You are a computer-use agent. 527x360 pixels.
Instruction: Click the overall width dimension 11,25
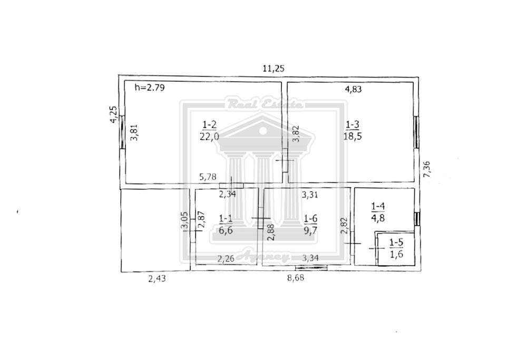tap(273, 69)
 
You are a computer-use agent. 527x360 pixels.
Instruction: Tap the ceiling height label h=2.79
tap(150, 88)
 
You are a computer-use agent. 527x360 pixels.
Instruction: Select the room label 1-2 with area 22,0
tap(209, 130)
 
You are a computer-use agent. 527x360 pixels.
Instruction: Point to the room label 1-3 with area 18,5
tap(353, 130)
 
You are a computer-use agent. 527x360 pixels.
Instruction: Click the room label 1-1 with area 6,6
tap(226, 225)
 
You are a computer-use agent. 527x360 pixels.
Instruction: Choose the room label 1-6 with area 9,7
tap(310, 225)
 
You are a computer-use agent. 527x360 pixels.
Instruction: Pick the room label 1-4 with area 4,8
tap(378, 212)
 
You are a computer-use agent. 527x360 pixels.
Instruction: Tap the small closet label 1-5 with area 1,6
tap(396, 248)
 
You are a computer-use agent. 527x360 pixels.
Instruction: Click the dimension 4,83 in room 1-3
tap(354, 89)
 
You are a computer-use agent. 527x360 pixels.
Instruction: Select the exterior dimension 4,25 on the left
tap(114, 114)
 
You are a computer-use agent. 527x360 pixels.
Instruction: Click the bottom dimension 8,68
tap(296, 279)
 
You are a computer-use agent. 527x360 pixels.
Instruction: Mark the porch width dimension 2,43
tap(157, 279)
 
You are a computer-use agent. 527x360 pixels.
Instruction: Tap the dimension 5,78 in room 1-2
tap(208, 177)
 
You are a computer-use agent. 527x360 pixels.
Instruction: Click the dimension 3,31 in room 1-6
tap(309, 194)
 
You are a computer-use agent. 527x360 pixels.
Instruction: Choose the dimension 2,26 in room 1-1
tap(226, 259)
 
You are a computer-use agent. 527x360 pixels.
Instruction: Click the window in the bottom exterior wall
tap(311, 268)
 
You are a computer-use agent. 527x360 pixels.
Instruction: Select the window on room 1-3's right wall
tap(416, 132)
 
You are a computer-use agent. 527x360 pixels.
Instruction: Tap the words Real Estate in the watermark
tap(265, 104)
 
